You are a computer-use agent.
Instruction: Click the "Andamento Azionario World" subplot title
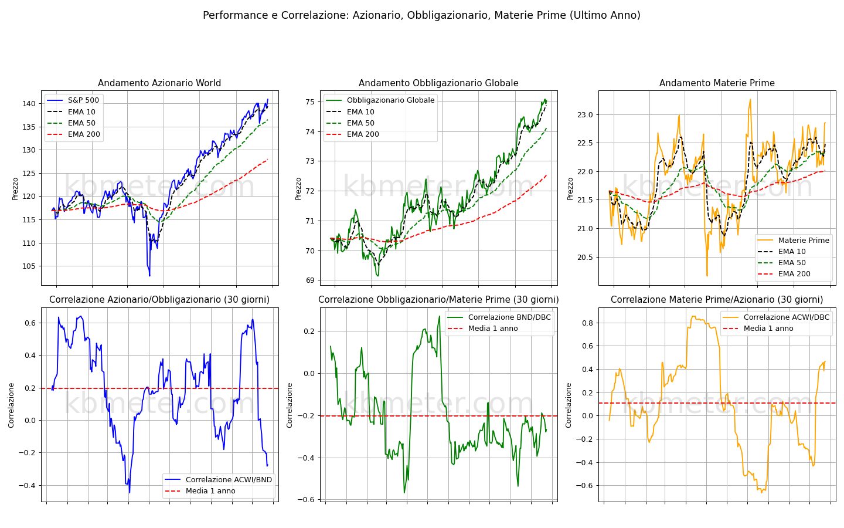[x=159, y=83]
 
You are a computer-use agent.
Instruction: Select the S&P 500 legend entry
[x=74, y=100]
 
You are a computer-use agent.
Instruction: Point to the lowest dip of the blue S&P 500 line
[x=149, y=276]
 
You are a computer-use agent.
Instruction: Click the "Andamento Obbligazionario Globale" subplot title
[x=438, y=83]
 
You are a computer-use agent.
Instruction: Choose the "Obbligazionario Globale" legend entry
[x=380, y=100]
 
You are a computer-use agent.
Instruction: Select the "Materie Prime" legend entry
[x=793, y=241]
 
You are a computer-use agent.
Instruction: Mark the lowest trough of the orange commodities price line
[x=707, y=275]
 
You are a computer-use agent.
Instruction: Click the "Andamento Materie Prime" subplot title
[x=717, y=83]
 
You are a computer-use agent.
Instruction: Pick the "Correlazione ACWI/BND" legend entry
[x=219, y=479]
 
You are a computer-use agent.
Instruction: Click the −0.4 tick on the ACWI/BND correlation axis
[x=28, y=485]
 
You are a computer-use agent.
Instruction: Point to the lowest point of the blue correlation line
[x=130, y=492]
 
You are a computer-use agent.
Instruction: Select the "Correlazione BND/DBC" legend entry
[x=499, y=317]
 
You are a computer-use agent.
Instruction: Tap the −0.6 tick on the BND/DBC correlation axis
[x=307, y=500]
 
